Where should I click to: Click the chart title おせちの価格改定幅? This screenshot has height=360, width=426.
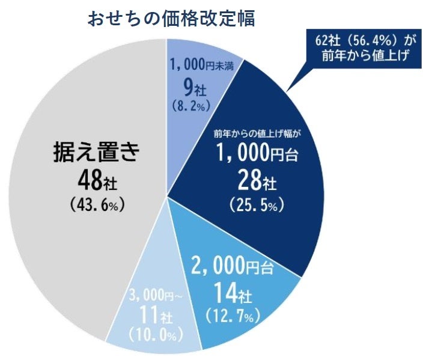[x=171, y=19]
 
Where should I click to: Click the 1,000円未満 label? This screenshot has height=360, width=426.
[x=198, y=63]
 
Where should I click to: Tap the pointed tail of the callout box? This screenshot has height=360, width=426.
[x=291, y=88]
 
